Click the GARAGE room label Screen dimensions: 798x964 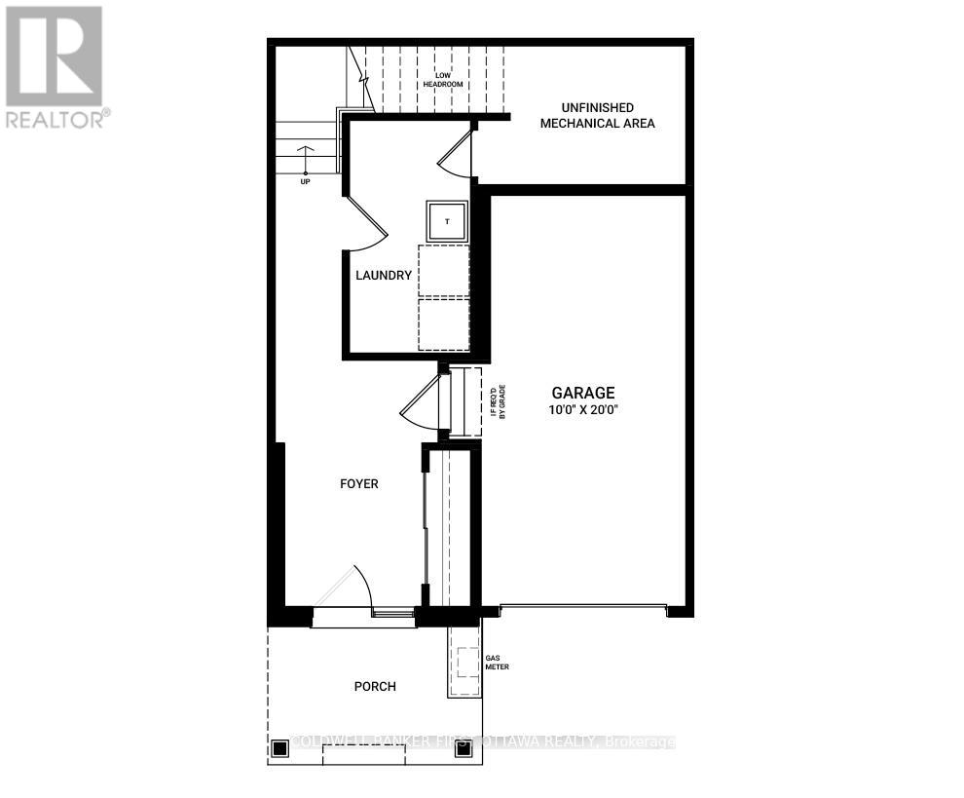pos(585,393)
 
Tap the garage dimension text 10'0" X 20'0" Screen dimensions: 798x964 pos(585,410)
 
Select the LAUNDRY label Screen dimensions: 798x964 pos(383,276)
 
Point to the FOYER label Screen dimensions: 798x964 pos(358,483)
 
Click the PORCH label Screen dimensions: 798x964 pos(375,686)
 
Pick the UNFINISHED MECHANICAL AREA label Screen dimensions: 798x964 pos(597,115)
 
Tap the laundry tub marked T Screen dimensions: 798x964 pos(447,221)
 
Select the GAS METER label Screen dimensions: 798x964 pos(497,663)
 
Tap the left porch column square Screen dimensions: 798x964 pos(280,748)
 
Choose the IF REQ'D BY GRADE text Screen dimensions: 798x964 pos(498,401)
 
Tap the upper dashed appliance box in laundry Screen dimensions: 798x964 pos(444,271)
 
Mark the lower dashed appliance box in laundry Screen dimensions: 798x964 pos(444,323)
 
